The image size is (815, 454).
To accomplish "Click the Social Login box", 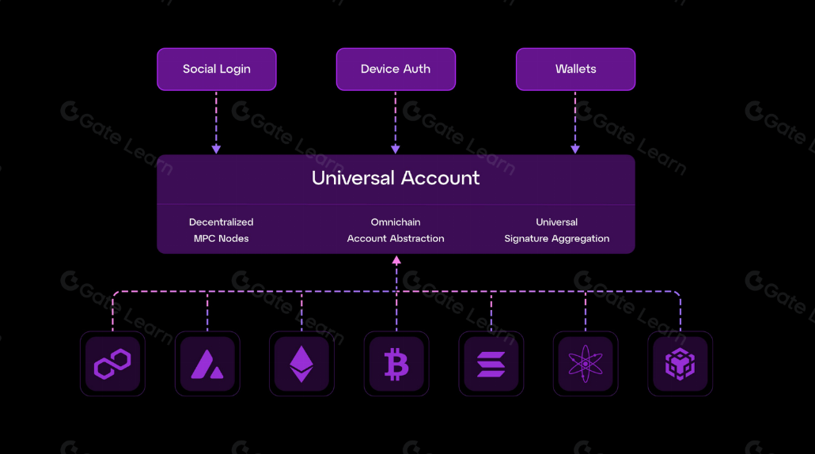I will coord(216,70).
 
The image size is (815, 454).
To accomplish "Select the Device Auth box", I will coord(396,70).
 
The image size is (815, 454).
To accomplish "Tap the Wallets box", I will coord(575,70).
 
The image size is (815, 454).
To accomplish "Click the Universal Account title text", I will coord(396,178).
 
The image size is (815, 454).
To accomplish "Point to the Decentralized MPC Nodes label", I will coord(222,230).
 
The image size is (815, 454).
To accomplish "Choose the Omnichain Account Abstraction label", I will coord(396,230).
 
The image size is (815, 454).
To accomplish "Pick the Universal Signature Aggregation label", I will coord(557,230).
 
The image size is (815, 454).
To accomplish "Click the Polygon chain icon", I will coord(112,364).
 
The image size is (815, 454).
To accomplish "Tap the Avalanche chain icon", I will coord(207,364).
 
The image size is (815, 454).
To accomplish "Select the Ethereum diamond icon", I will coord(301,364).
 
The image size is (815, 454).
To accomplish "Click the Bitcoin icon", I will coord(396,364).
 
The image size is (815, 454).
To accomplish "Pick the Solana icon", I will coord(491,364).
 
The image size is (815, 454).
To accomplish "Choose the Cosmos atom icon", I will coord(586,364).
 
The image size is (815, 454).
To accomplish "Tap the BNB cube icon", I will coord(680,364).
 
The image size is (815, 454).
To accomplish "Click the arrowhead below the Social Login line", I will coord(216,149).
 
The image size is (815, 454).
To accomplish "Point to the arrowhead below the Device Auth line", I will coord(396,149).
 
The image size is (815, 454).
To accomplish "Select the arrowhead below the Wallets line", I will coord(575,149).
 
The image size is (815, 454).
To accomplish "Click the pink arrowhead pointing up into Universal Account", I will coord(396,259).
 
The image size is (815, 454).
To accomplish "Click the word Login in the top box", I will coord(234,70).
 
